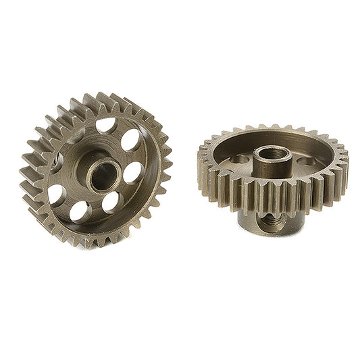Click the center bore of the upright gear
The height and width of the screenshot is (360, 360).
pyautogui.click(x=103, y=177)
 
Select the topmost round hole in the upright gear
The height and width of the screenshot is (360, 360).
pyautogui.click(x=105, y=126)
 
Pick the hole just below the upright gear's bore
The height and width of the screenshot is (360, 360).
pyautogui.click(x=111, y=201)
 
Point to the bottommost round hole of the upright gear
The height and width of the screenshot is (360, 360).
pyautogui.click(x=80, y=211)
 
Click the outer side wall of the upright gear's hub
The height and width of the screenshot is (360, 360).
pyautogui.click(x=91, y=176)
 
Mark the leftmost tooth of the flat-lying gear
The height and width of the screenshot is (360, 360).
pyautogui.click(x=202, y=162)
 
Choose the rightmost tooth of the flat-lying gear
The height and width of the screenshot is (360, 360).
pyautogui.click(x=344, y=165)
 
